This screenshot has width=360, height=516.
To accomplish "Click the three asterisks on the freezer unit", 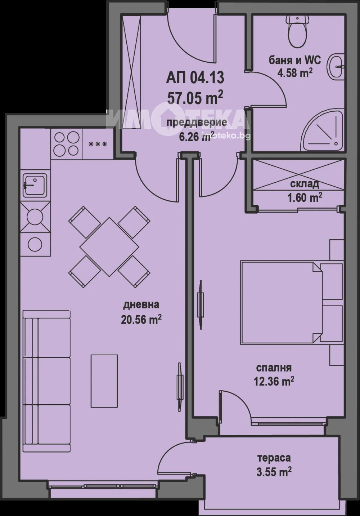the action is [98, 144].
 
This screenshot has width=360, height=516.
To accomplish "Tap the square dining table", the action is [109, 247].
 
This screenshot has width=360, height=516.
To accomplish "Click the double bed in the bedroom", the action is [292, 302].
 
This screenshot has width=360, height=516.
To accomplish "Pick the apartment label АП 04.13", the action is [195, 78].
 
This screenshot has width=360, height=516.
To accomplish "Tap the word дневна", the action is [141, 305].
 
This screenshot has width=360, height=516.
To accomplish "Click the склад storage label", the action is [304, 184].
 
